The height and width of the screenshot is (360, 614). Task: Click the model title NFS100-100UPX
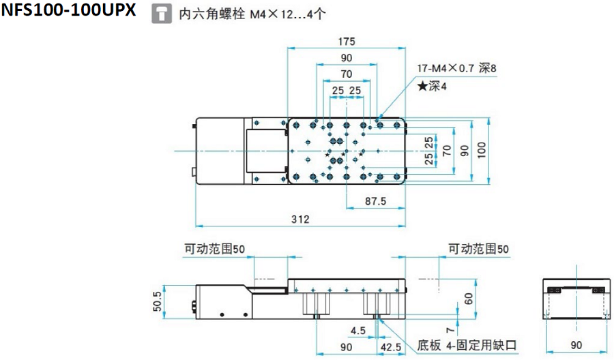click(x=68, y=12)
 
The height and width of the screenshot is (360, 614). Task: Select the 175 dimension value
click(x=346, y=42)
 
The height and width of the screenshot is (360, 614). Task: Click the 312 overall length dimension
click(x=300, y=219)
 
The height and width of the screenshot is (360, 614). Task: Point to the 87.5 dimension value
click(x=376, y=202)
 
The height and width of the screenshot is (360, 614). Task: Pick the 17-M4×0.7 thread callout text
click(x=458, y=68)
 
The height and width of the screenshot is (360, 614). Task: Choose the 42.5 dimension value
click(x=391, y=347)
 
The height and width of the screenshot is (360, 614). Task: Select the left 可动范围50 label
click(x=214, y=250)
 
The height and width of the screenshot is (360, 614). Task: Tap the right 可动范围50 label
click(x=478, y=250)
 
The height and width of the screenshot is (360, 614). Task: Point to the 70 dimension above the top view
click(x=346, y=74)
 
